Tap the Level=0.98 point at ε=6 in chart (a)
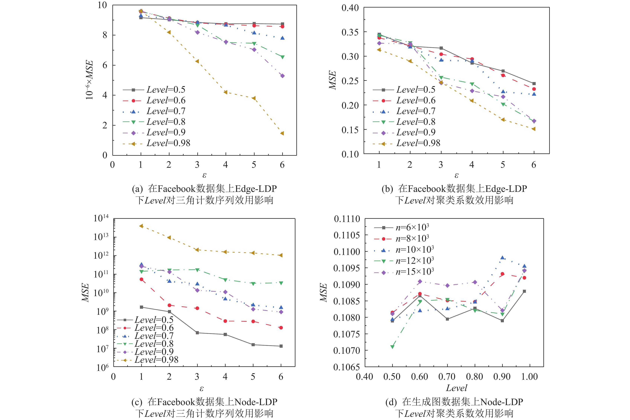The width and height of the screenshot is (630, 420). [282, 133]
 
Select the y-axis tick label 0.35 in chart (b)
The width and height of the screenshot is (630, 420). [350, 32]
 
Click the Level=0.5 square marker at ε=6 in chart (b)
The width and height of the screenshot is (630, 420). [534, 84]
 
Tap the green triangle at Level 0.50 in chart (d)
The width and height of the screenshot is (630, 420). [392, 347]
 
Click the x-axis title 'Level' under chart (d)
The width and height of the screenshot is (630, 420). [456, 388]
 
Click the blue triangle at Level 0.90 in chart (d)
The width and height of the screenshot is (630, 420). [502, 258]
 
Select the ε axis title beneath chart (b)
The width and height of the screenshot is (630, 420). [456, 175]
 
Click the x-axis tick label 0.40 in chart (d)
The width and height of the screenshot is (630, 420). [364, 377]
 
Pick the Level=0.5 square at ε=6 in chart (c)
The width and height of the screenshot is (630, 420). [281, 346]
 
